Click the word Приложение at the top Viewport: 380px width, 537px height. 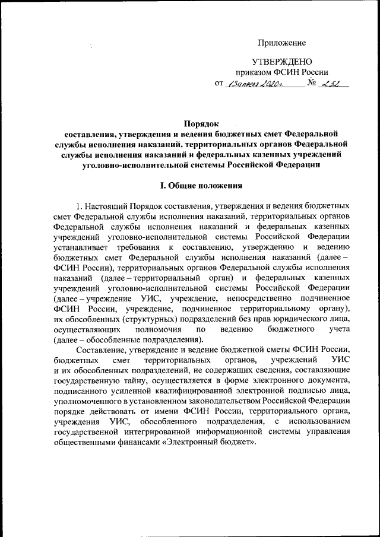point(281,43)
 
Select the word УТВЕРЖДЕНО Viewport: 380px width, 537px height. point(281,62)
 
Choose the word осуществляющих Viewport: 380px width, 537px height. point(87,329)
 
